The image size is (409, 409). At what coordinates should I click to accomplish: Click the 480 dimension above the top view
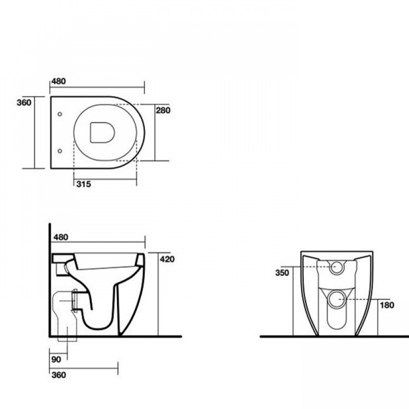(x=59, y=81)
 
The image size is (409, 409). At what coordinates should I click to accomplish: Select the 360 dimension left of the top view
(x=24, y=103)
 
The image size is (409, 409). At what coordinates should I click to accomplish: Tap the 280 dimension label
(x=163, y=110)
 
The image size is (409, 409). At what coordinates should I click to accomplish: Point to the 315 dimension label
(x=84, y=184)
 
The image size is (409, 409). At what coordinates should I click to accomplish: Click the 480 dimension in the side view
(x=60, y=237)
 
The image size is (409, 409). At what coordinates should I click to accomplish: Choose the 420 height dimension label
(x=167, y=259)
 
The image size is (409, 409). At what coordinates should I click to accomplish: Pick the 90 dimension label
(x=56, y=359)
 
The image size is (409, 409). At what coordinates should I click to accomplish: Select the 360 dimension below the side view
(x=59, y=375)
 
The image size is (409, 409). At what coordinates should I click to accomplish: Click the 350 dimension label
(x=282, y=273)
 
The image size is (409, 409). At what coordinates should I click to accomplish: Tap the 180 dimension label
(x=387, y=305)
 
